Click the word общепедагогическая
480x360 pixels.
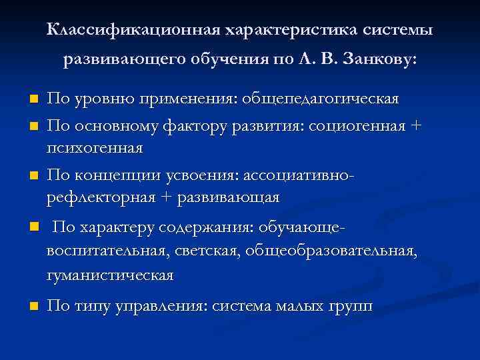322,99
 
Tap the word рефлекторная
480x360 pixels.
99,198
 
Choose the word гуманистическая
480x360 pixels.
110,275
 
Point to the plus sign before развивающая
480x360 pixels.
164,198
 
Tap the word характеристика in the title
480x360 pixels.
288,31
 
